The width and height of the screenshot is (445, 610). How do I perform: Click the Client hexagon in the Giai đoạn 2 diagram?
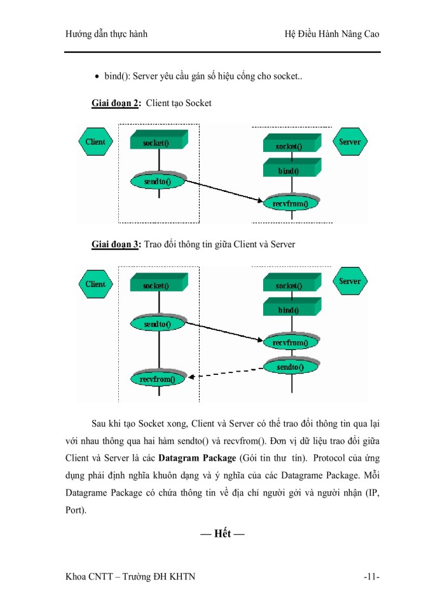(x=96, y=142)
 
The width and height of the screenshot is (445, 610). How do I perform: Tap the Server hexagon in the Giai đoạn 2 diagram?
(x=349, y=142)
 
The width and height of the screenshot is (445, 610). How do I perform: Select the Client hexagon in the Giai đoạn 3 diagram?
(x=96, y=284)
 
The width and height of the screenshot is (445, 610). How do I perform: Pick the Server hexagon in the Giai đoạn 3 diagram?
(x=350, y=281)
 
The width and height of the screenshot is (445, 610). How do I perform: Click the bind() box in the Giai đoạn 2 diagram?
(x=289, y=170)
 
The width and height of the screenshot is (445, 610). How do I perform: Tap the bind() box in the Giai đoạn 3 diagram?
(x=289, y=309)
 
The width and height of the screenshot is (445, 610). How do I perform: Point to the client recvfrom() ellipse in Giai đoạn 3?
(x=157, y=379)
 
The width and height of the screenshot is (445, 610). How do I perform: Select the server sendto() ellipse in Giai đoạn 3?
(x=290, y=367)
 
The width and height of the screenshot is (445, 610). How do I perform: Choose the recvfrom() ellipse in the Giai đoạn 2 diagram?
(x=290, y=203)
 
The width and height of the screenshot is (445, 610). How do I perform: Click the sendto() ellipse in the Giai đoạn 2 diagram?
(x=158, y=181)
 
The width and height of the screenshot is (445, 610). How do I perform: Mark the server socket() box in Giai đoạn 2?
(x=289, y=146)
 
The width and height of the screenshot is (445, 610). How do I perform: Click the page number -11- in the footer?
(x=371, y=576)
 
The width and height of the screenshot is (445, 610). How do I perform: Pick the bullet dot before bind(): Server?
(x=97, y=78)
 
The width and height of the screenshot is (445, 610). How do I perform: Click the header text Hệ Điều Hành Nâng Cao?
(x=332, y=34)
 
